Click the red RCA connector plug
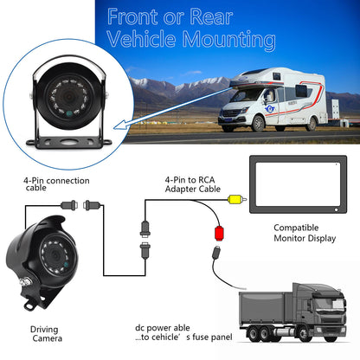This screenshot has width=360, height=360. [x=219, y=234]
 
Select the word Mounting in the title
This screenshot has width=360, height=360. [x=228, y=40]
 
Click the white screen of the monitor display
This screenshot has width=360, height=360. [x=298, y=184]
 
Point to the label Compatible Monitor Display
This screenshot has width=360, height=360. [x=305, y=233]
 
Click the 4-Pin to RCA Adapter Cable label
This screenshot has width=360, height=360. [x=193, y=184]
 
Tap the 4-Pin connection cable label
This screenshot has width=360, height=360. [x=56, y=184]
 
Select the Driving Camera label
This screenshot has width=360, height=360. [x=46, y=334]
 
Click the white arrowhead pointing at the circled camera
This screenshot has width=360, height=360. [x=119, y=125]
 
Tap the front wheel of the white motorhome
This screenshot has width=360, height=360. [x=258, y=123]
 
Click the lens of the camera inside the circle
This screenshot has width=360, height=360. [x=68, y=97]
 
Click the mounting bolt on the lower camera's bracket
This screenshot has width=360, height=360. [x=25, y=280]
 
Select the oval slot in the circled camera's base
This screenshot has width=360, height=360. [x=69, y=142]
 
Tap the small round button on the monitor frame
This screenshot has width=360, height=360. [x=336, y=210]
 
